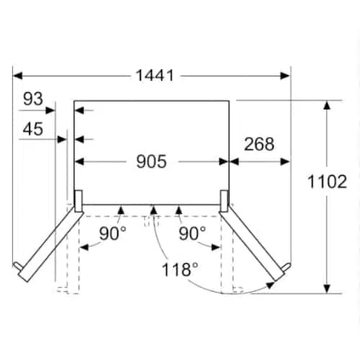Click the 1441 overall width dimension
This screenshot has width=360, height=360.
[x=155, y=76]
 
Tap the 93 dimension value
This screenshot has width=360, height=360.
[x=33, y=99]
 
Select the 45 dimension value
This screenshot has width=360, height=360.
[x=33, y=129]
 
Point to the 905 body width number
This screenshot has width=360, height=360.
[x=151, y=161]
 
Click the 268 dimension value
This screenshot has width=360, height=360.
[x=259, y=144]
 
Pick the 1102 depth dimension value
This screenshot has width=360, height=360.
[x=327, y=181]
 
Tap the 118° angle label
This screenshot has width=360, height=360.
[x=180, y=269]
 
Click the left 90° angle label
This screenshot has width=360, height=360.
[x=112, y=233]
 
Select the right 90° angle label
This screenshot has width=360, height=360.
[x=192, y=233]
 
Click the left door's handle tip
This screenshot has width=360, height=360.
[x=15, y=264]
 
